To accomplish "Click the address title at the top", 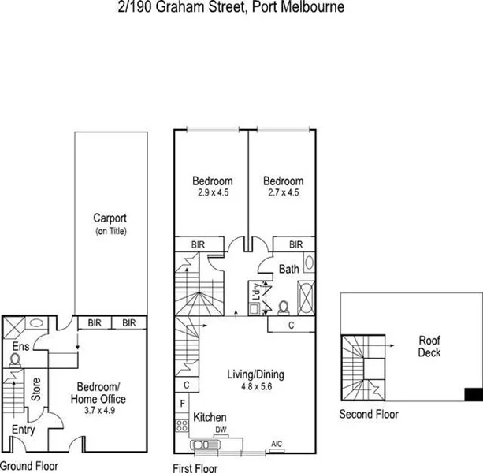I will coord(240,7).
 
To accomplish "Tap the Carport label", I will coord(110,218).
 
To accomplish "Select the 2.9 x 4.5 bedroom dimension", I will coord(212,192).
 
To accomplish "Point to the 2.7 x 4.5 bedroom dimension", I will coord(283,192).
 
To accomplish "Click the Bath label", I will coord(288,269).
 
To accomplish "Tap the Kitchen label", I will coord(210,417).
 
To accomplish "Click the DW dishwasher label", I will coord(221,430).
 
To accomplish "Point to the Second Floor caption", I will coord(369,415).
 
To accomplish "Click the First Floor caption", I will coord(195,467).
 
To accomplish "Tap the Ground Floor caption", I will coord(28,466).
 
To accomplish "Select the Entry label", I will coord(24,430).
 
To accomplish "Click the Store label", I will coord(35,389).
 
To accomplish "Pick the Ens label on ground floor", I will coord(20,345).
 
